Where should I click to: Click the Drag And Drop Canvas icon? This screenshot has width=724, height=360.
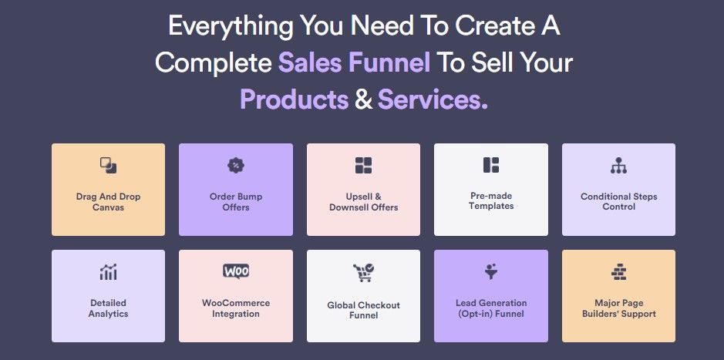tap(108, 165)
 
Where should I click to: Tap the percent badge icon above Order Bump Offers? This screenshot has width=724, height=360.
tap(236, 165)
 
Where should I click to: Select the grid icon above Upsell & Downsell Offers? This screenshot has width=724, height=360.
tap(363, 165)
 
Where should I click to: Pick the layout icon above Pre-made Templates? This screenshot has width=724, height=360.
tap(491, 165)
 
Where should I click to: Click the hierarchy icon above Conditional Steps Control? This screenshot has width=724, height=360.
tap(618, 165)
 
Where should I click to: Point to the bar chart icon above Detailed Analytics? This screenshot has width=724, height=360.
tap(108, 272)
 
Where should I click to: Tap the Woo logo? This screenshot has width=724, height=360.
tap(236, 271)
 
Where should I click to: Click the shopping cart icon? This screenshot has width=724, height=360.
tap(363, 273)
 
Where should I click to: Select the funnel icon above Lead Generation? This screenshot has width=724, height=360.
tap(491, 271)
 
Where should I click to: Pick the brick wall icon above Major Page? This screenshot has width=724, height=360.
tap(618, 272)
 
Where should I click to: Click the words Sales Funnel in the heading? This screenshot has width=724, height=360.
tap(354, 63)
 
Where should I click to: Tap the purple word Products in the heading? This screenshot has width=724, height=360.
tap(294, 99)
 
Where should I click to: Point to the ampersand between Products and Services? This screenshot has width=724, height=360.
tap(363, 99)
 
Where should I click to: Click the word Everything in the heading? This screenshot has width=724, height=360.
tap(230, 27)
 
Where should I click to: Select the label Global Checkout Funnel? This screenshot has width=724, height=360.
tap(363, 310)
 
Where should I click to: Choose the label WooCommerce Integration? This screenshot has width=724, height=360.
tap(236, 308)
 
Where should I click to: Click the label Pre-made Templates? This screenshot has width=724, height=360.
tap(491, 200)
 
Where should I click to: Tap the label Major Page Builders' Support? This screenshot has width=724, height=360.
tap(618, 308)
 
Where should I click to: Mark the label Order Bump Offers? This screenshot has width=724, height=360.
tap(236, 202)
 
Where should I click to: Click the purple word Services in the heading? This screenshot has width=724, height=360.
tap(433, 99)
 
